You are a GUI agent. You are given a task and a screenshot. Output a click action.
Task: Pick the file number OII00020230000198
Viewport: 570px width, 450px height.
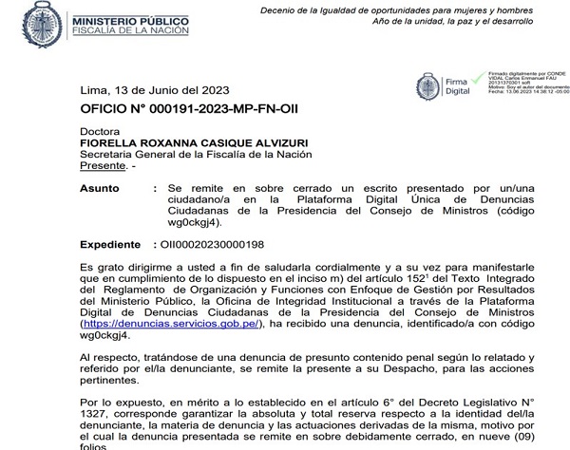coord(204,243)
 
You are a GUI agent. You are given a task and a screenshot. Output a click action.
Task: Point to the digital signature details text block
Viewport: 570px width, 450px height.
coord(526,87)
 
